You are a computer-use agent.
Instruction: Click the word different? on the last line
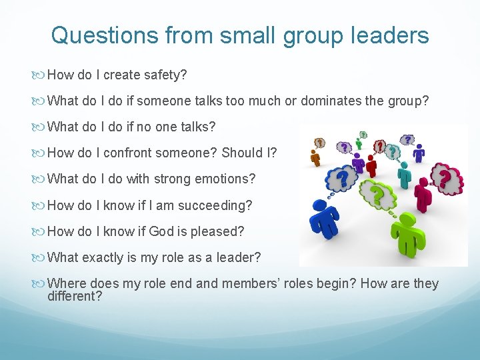[x=75, y=295]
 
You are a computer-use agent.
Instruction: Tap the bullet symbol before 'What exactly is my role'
[x=41, y=258]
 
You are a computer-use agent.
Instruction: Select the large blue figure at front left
[x=327, y=220]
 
